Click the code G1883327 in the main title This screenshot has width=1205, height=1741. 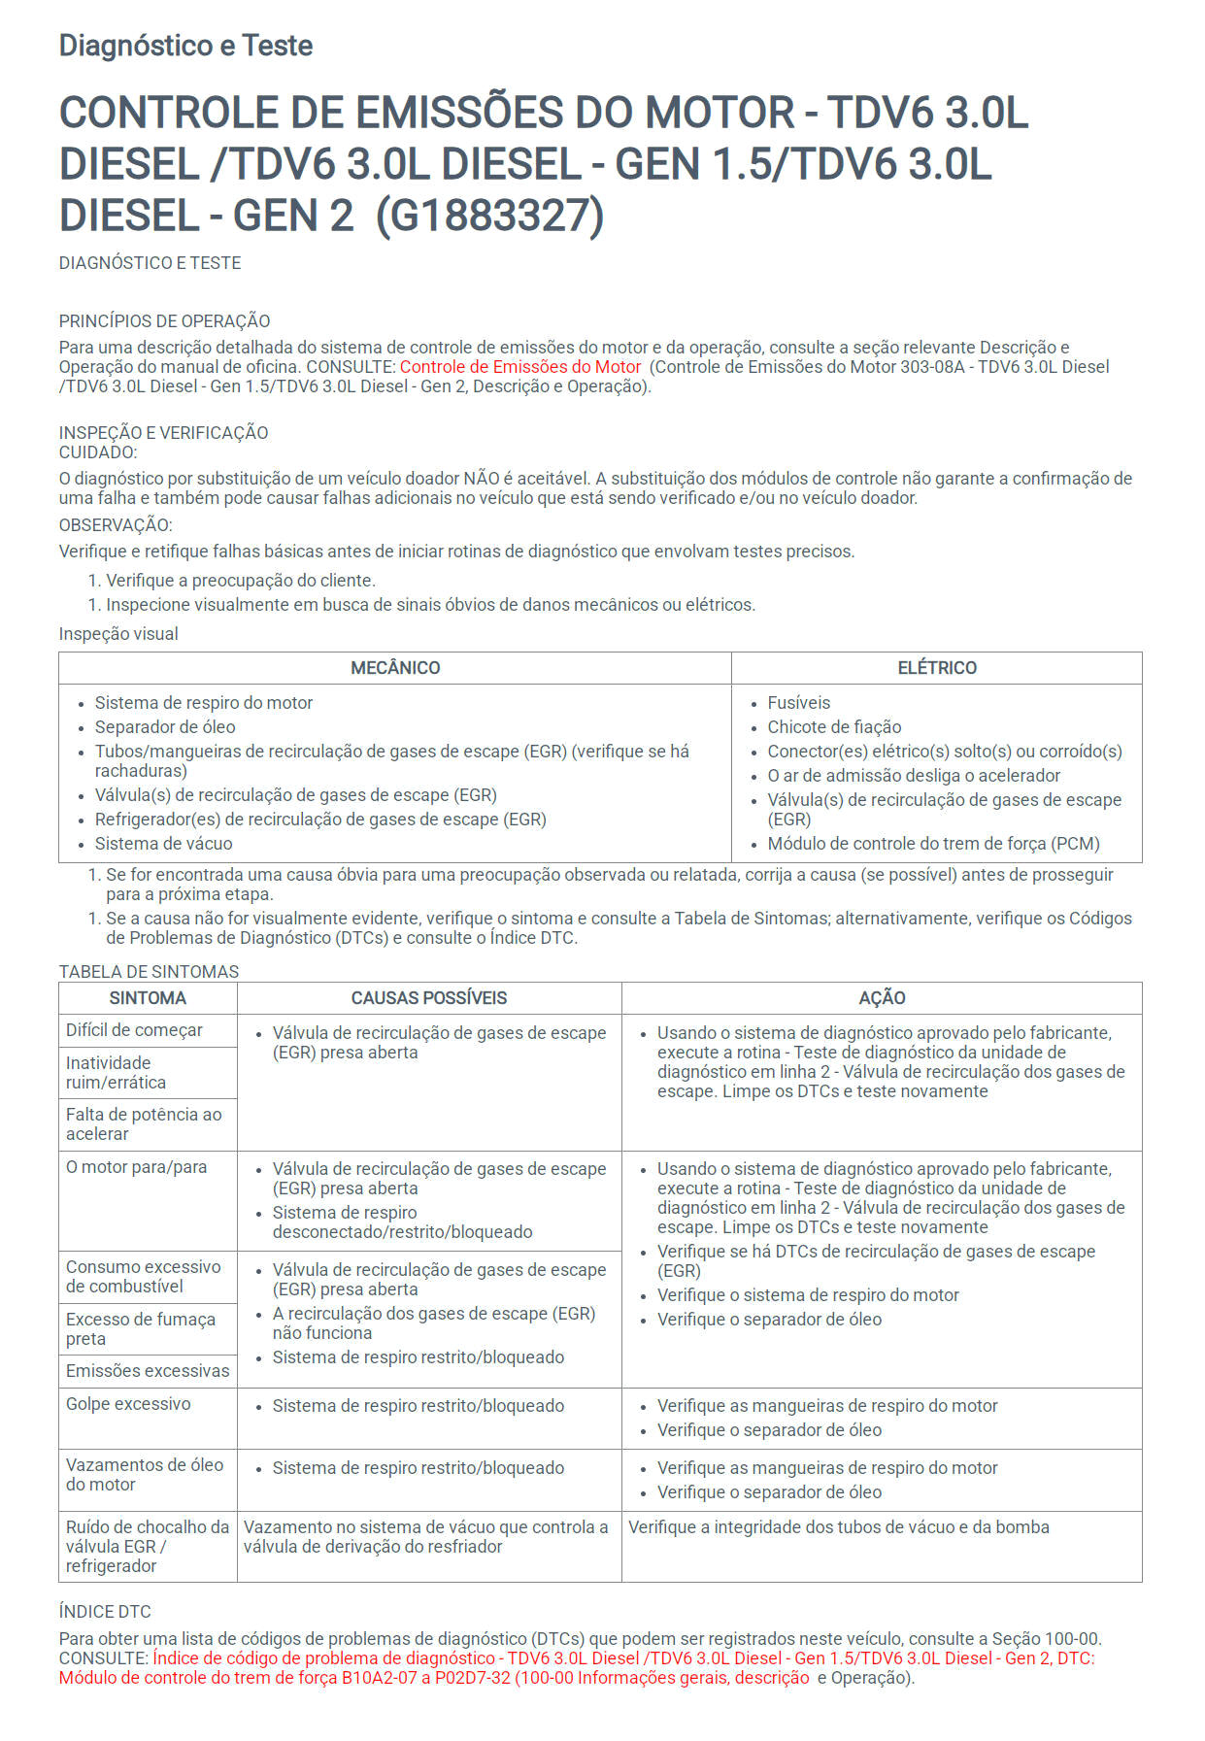489,215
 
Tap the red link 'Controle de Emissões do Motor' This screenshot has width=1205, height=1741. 520,367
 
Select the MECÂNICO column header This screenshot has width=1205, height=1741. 395,668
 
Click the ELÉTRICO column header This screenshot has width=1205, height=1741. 937,668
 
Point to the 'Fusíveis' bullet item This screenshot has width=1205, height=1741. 798,703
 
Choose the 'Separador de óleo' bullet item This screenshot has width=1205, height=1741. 165,727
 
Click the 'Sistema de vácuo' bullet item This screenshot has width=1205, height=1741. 163,844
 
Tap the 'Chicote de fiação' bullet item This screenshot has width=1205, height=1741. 834,727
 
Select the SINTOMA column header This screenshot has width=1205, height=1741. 148,998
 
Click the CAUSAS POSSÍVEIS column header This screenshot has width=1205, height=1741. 429,998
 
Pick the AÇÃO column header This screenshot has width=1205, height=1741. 882,998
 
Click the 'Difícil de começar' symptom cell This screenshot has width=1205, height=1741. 134,1030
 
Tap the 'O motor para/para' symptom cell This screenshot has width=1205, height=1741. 136,1167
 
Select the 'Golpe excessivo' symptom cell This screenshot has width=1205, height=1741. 128,1404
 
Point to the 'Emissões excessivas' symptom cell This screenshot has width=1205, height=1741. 148,1371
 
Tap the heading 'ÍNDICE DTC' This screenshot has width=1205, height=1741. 105,1612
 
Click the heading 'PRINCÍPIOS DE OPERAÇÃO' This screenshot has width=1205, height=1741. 164,321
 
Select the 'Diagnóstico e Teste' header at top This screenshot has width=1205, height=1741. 185,46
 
